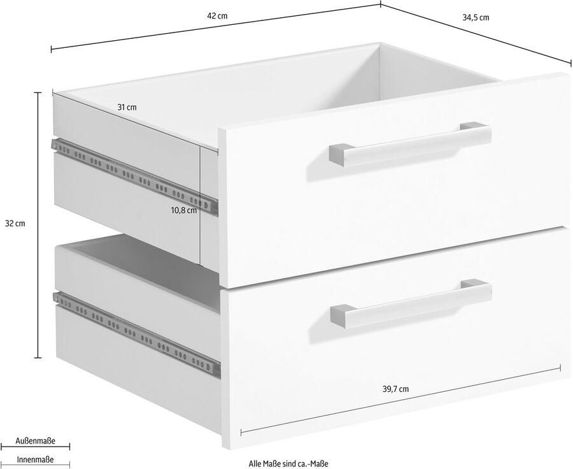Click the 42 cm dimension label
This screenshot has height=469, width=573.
pos(217,16)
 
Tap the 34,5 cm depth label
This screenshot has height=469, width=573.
pos(476,18)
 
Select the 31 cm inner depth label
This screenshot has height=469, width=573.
pos(127,107)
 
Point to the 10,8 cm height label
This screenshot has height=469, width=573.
pos(183,210)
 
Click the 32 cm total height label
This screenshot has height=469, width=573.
pos(15,224)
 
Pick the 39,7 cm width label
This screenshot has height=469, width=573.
pos(396,389)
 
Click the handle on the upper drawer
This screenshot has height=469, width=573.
pos(409,144)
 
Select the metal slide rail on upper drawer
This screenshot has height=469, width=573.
pos(134,176)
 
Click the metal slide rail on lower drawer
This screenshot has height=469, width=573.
pos(137,334)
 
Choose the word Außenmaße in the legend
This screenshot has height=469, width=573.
pos(36,441)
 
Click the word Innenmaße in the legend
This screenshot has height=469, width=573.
pos(36,459)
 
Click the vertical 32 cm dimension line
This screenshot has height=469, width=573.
pos(38,225)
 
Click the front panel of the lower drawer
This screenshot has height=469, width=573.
pos(397,336)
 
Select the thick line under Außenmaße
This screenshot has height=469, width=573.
pos(36,447)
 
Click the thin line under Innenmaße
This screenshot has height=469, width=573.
pos(36,465)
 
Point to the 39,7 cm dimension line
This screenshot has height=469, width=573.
pos(401,400)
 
